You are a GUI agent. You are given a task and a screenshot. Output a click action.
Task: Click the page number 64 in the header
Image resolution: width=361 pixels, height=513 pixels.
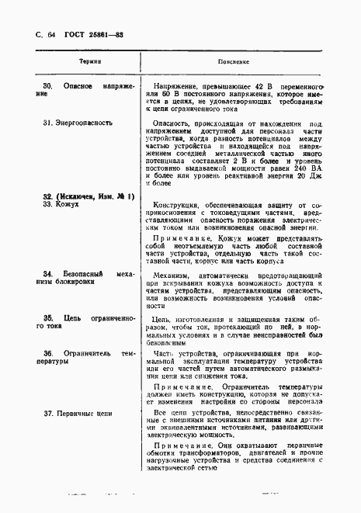click(51, 36)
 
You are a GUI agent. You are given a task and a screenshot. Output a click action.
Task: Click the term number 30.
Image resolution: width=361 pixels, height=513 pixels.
click(47, 83)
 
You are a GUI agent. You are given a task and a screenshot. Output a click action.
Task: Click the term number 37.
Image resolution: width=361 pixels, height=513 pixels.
click(49, 414)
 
